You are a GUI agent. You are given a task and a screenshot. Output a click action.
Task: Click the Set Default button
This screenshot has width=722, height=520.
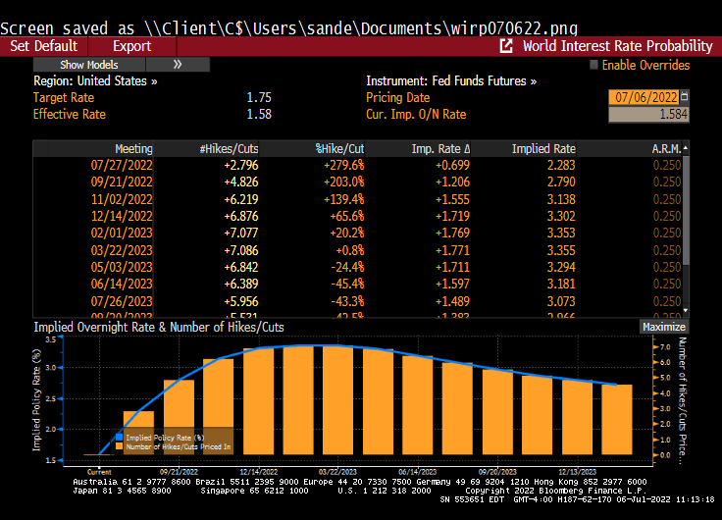click(x=43, y=46)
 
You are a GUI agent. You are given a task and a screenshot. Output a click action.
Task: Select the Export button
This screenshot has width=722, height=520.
click(x=131, y=46)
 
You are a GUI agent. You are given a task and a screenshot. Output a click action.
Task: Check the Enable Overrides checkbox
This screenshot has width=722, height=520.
click(x=594, y=66)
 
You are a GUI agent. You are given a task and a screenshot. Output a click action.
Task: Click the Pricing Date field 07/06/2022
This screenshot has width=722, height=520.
click(x=644, y=97)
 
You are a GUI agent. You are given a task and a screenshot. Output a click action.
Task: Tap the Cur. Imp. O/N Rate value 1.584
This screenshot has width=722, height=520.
click(x=648, y=115)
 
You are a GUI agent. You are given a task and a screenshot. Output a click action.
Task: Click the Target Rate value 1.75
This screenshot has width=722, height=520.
click(x=259, y=98)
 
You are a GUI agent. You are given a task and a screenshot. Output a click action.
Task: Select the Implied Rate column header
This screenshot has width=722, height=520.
click(x=543, y=149)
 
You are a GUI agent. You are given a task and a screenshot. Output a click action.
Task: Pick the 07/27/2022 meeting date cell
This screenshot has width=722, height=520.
click(x=122, y=165)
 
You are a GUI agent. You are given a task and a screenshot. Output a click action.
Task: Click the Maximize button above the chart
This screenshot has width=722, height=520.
click(x=664, y=327)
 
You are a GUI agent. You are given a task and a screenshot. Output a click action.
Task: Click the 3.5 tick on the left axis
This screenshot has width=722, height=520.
click(x=50, y=338)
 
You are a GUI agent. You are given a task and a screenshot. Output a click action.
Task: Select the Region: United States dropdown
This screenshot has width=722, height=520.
click(x=96, y=81)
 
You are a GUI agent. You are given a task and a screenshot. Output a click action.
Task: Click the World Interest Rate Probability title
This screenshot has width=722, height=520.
click(x=616, y=46)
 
